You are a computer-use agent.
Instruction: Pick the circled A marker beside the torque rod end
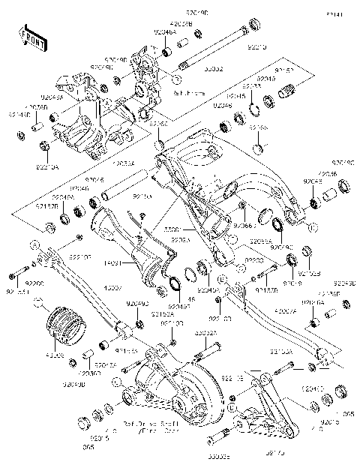point(33,244)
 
